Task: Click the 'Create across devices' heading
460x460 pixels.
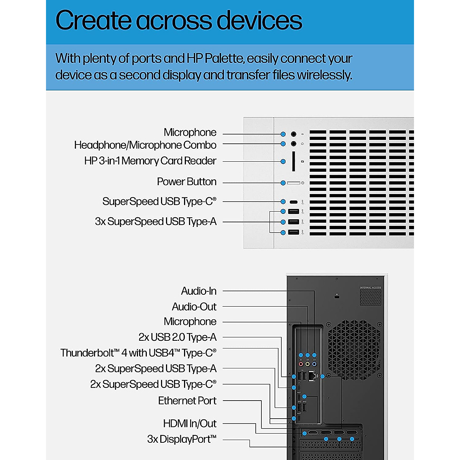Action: click(179, 20)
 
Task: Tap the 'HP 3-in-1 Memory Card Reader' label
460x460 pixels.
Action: click(150, 161)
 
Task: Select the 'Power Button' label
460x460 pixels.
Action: click(187, 182)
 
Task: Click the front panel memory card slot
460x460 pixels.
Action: click(294, 161)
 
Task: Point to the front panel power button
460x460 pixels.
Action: click(294, 183)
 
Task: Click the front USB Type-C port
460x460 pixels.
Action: click(294, 202)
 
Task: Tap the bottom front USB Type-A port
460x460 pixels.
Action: click(294, 232)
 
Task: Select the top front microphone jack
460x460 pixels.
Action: click(294, 134)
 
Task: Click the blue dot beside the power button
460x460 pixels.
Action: click(283, 183)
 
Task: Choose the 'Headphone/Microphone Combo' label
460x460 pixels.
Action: click(145, 145)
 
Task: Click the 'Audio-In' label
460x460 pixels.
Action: click(199, 291)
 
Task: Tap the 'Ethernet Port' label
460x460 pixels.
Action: click(187, 401)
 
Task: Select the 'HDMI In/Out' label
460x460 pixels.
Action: click(190, 424)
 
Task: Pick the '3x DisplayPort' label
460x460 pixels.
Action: click(182, 439)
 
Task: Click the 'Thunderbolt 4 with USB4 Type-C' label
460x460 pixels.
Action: click(138, 353)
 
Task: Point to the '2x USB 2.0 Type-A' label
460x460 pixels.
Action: click(177, 337)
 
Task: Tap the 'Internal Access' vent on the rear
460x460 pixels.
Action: click(370, 297)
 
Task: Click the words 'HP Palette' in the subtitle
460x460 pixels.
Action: click(215, 59)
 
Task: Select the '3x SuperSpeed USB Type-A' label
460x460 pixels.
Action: click(156, 222)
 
